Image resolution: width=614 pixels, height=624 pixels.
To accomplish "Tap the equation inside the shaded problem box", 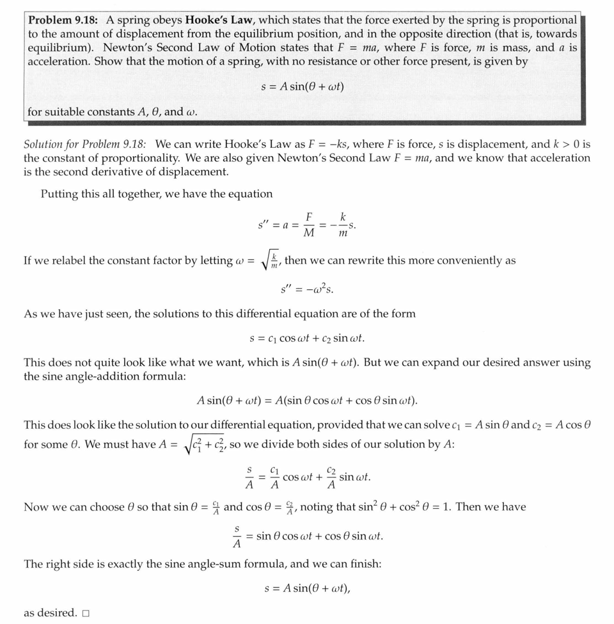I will point(303,86).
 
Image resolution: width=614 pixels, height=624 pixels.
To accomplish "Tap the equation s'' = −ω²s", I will point(306,289).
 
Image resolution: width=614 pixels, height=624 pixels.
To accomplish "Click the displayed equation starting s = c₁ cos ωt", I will point(306,338).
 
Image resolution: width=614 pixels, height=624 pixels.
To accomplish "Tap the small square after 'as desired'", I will point(85,613).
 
